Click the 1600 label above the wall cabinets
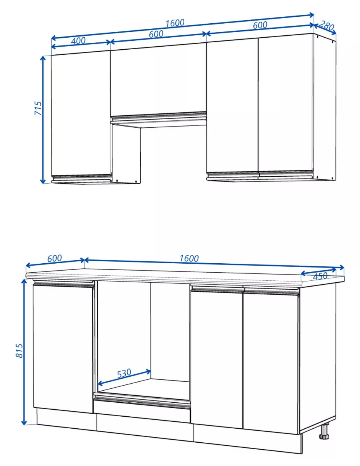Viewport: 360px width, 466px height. coord(175,23)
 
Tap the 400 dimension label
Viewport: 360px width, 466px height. coord(78,40)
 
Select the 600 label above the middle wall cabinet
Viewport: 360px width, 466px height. coord(156,34)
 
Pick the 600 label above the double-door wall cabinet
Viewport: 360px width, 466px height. coord(260,25)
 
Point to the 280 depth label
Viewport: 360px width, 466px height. coord(327,26)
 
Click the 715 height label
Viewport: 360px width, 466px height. coord(38,108)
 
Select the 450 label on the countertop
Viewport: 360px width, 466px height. coord(320,276)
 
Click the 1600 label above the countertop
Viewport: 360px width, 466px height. coord(189,258)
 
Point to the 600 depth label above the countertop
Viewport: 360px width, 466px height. coord(54,258)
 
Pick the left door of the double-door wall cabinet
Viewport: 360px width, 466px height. coord(232,106)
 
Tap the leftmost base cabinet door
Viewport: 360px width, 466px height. coord(63,348)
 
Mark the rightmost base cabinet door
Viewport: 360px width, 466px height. coord(271,363)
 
